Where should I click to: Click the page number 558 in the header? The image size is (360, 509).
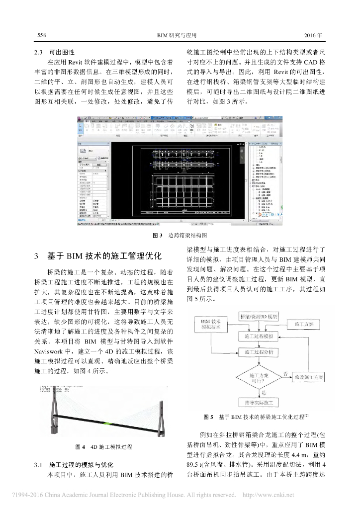[42, 36]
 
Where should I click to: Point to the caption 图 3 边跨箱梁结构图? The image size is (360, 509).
[180, 235]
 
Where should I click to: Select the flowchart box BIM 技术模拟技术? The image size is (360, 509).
[211, 324]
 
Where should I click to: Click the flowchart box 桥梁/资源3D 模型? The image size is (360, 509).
[259, 317]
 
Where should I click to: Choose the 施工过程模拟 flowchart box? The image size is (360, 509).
[259, 337]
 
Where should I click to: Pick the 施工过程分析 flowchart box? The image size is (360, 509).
[259, 352]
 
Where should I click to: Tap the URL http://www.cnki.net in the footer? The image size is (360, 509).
[268, 495]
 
